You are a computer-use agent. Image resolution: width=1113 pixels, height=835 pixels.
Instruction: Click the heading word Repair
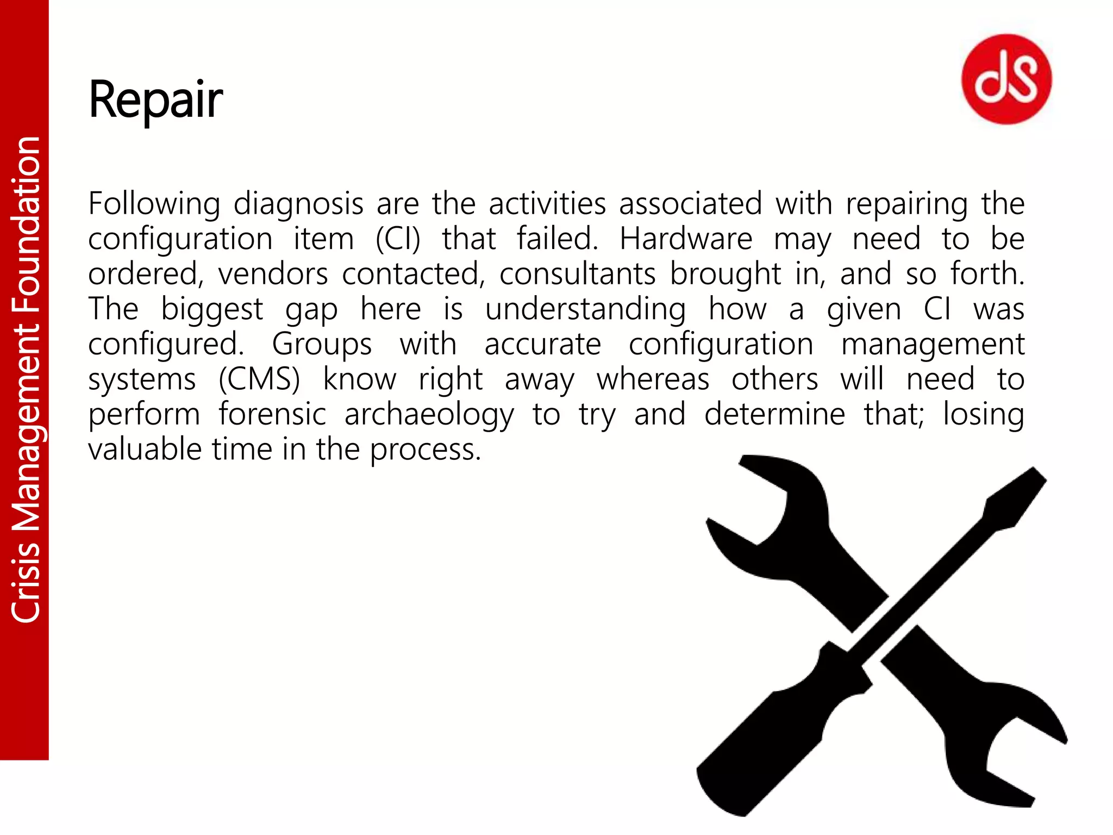[x=155, y=100]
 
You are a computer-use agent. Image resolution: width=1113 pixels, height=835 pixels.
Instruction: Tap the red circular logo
[x=1006, y=79]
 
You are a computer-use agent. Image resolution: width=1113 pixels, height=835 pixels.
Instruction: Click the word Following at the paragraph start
[x=154, y=204]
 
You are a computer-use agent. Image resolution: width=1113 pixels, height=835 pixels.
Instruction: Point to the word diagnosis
[x=298, y=204]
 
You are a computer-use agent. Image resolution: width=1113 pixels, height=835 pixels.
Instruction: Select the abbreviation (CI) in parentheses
[x=398, y=240]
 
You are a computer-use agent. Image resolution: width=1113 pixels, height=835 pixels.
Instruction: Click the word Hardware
[x=686, y=239]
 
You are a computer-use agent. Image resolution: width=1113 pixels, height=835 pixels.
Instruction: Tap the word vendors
[x=273, y=274]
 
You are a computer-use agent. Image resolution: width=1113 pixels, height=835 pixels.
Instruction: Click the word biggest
[x=212, y=310]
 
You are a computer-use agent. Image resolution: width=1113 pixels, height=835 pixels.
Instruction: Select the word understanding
[x=585, y=310]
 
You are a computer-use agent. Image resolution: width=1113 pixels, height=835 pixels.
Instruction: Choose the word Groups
[x=322, y=345]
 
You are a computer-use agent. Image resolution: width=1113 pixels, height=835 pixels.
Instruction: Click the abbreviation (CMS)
[x=259, y=379]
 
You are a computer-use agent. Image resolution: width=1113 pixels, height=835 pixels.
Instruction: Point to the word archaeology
[x=429, y=415]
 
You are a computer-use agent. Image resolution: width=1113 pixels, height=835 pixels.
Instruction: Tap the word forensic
[x=272, y=414]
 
